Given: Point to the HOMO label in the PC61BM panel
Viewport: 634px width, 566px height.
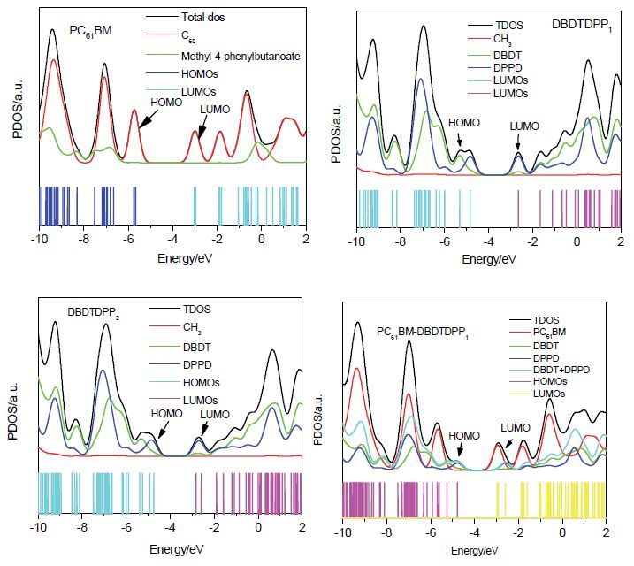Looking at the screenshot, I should point(165,103).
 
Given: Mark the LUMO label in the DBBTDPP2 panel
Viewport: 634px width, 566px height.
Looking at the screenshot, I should point(213,414).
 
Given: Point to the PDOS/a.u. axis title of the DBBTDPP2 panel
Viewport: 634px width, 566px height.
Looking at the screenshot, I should point(12,411).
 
